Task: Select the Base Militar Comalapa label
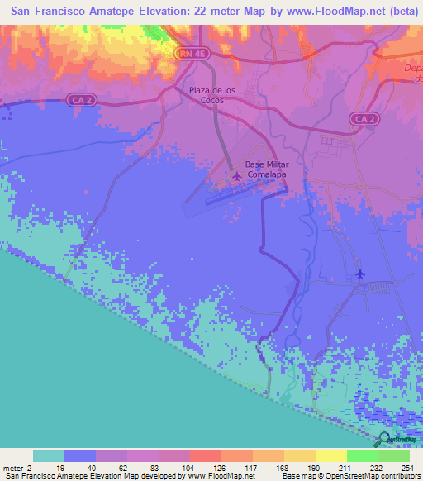(x=266, y=169)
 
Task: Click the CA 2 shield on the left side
(x=78, y=99)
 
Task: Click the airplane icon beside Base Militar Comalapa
(x=237, y=175)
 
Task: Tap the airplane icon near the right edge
(x=359, y=273)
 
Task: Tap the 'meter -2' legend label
(x=16, y=467)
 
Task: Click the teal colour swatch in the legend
(x=49, y=455)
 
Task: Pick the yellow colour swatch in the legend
(x=331, y=455)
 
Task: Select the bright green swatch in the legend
(x=363, y=455)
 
